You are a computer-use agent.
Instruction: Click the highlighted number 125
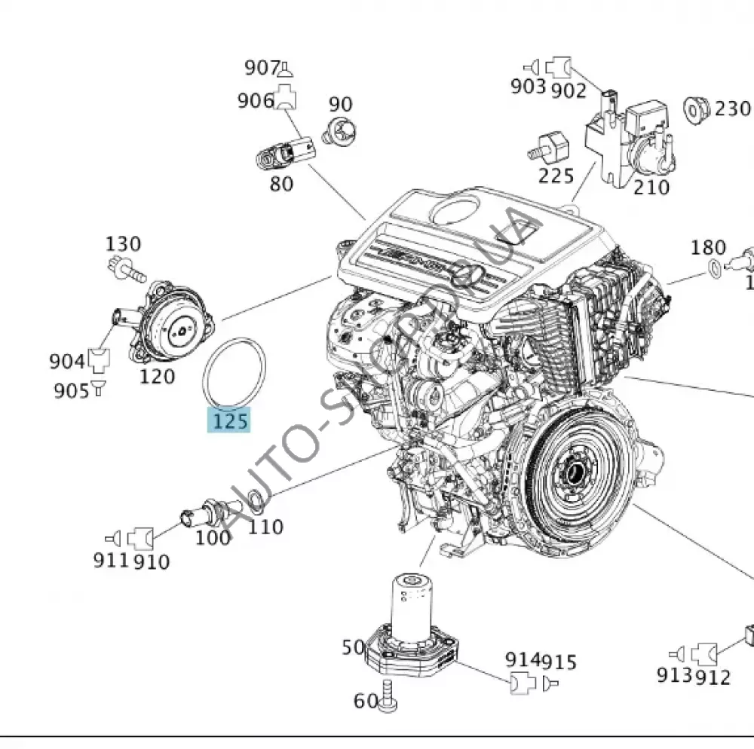[229, 420]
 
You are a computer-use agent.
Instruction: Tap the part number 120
[157, 375]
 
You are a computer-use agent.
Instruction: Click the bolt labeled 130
[125, 268]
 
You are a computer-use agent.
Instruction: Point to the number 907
[262, 68]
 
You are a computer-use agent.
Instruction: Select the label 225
[556, 176]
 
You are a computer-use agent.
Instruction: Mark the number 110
[265, 526]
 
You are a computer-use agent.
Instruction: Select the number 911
[111, 561]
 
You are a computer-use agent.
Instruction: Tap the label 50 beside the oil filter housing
[353, 647]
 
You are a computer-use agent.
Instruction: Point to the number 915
[560, 662]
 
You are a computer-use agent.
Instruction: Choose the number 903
[528, 87]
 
